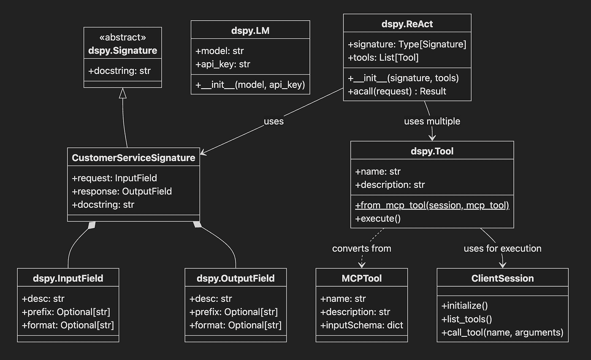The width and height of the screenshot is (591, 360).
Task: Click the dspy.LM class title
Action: coord(250,30)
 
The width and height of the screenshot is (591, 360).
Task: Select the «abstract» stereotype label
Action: coord(123,38)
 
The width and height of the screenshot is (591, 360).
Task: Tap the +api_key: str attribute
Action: coord(223,64)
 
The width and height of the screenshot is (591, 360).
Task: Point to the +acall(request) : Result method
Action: coord(397,91)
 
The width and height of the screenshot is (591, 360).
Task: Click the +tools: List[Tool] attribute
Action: coord(383,57)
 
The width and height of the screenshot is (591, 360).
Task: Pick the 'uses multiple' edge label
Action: coord(432,121)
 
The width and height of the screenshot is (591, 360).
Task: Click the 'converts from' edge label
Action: coord(361,249)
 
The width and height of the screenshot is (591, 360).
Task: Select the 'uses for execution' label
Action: coord(502,249)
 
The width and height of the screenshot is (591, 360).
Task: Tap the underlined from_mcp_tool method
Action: coord(432,205)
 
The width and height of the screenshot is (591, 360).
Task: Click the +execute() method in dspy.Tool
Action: coord(378,219)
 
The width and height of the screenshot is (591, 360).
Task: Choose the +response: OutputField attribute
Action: coord(122,192)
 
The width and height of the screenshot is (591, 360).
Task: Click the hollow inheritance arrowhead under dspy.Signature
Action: coord(123,93)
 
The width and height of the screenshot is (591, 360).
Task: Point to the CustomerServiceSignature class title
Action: coord(133,158)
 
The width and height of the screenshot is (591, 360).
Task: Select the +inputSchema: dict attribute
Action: coord(361,325)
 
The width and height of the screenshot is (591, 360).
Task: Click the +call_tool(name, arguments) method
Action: coord(502,333)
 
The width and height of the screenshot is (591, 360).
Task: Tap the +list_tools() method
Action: coord(467,319)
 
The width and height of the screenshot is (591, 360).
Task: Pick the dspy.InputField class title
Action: coord(68,279)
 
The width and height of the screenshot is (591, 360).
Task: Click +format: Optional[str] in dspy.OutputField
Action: coord(236,325)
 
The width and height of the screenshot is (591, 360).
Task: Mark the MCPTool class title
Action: coord(361,279)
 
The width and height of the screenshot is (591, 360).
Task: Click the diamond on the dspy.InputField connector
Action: coord(92,225)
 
